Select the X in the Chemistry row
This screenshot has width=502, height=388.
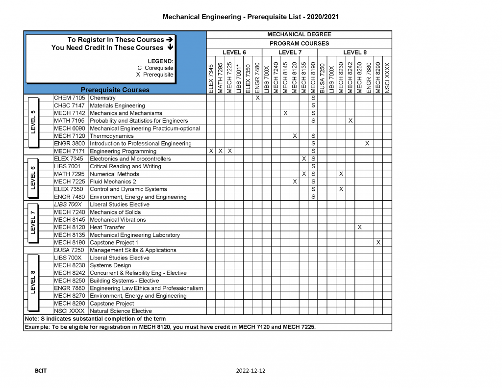[257, 98]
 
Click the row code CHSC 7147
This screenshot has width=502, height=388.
[69, 105]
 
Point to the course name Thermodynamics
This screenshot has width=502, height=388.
[111, 136]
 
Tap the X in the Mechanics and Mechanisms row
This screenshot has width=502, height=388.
[285, 113]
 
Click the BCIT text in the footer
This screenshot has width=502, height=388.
[41, 371]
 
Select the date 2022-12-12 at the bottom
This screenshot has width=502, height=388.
[251, 371]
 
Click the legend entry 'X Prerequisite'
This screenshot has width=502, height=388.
[154, 75]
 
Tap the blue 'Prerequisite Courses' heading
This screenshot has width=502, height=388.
[115, 90]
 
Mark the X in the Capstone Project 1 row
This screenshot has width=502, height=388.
[378, 242]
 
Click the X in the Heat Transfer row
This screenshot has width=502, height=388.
[359, 227]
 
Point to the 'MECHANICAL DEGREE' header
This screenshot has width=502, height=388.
[299, 34]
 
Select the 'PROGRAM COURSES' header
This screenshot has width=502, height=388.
[299, 43]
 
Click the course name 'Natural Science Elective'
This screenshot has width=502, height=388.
[121, 311]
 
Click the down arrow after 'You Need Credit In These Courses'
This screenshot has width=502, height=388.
[170, 48]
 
